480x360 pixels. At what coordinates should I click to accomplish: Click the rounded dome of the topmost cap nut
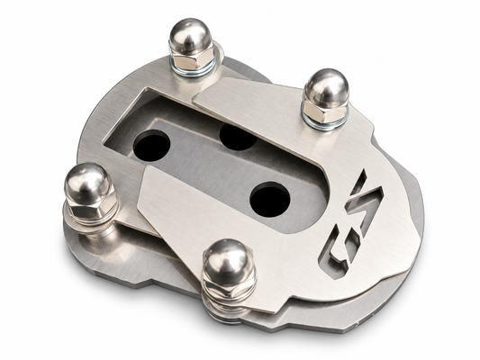(190, 36)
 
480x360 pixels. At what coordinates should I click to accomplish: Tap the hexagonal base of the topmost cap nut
(192, 59)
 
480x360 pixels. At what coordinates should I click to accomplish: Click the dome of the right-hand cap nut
(327, 86)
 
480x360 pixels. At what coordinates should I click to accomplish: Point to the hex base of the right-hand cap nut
(325, 112)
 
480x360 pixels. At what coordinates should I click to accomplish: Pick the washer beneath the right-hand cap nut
(326, 123)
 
